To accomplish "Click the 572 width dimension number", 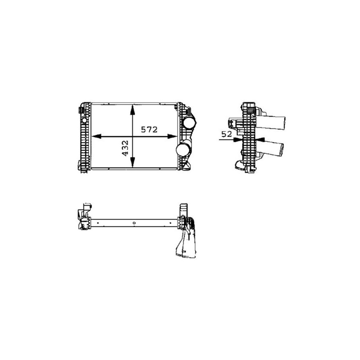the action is (149, 130).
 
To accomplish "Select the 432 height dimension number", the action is (125, 148).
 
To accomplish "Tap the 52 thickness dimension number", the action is (227, 134).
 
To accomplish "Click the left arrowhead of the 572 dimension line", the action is (96, 136).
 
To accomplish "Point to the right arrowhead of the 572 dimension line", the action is (172, 136).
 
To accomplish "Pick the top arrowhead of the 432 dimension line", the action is (132, 110).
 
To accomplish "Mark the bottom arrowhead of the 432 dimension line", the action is (132, 162).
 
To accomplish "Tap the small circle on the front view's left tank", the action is (84, 120).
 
